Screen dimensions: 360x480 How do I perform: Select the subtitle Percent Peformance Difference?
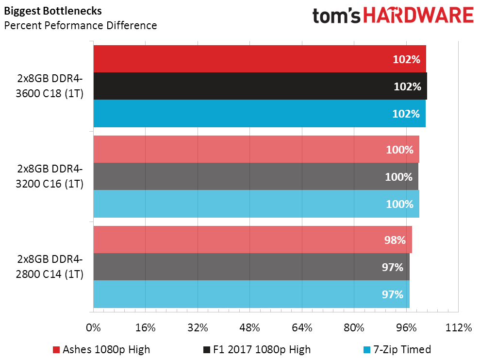[x=81, y=25]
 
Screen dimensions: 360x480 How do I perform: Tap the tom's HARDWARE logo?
[x=393, y=16]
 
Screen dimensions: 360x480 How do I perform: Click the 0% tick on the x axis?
[x=93, y=328]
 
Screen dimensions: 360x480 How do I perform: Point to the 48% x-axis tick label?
[x=249, y=328]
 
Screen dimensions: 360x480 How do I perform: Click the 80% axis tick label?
[x=354, y=328]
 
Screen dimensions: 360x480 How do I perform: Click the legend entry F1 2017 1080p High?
[x=257, y=349]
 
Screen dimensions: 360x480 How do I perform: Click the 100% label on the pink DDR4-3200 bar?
[x=399, y=150]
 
